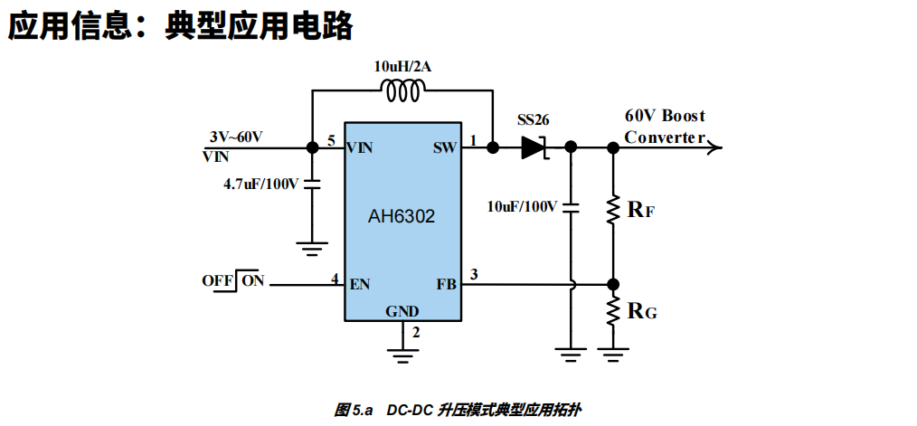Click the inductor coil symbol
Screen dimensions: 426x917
click(403, 90)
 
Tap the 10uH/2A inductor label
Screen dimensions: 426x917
click(402, 66)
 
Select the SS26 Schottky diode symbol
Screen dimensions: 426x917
click(535, 147)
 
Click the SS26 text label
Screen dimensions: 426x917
click(533, 119)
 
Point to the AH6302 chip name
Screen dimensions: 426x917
click(402, 216)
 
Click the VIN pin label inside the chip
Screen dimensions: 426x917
click(362, 147)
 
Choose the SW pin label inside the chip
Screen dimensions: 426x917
click(444, 147)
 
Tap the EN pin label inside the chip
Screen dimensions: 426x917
click(360, 284)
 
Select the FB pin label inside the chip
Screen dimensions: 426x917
click(446, 284)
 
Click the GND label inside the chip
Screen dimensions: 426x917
click(402, 311)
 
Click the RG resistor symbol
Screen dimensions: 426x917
click(613, 311)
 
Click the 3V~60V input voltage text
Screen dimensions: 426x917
click(236, 137)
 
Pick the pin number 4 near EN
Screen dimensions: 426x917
click(335, 279)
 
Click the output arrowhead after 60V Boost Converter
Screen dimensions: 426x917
click(714, 147)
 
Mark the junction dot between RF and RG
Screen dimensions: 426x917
click(613, 284)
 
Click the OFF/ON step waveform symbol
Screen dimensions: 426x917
click(241, 279)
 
